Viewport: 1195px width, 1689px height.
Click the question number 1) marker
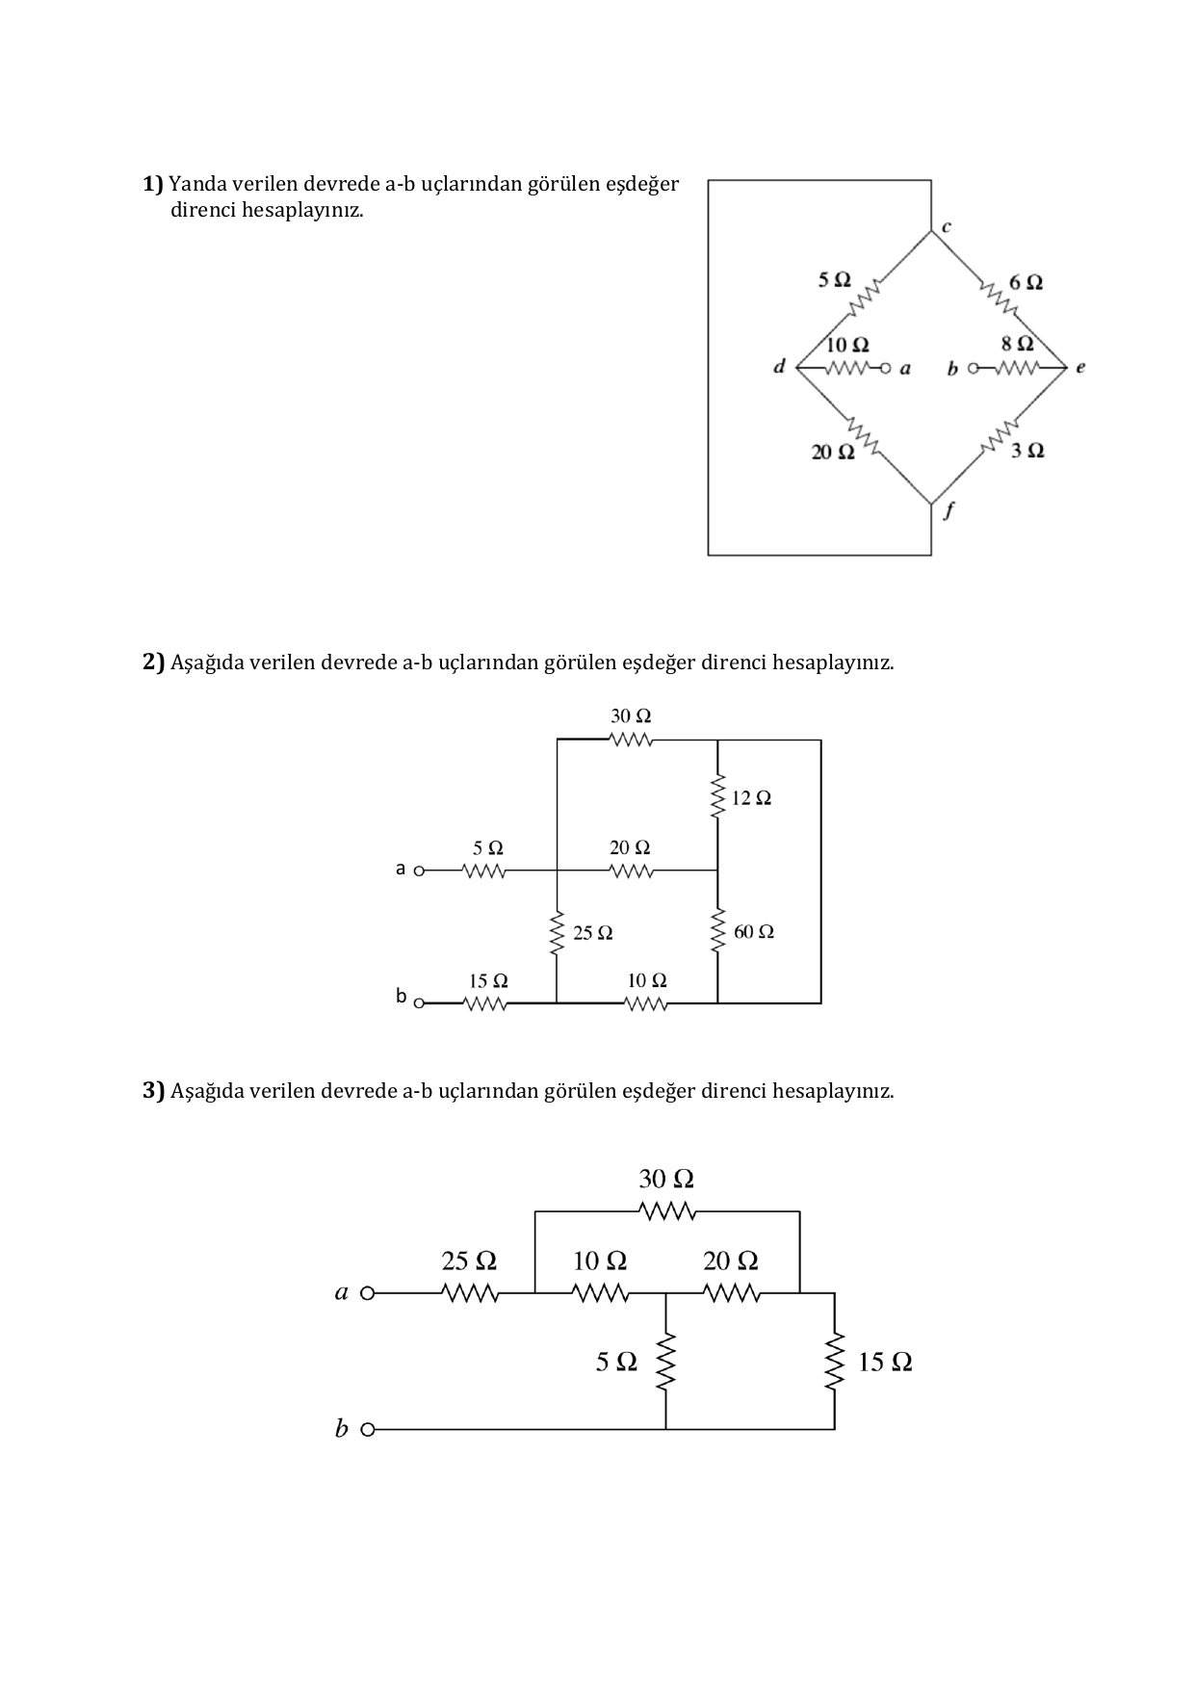pyautogui.click(x=153, y=183)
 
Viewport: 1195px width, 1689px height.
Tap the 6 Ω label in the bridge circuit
pyautogui.click(x=1026, y=282)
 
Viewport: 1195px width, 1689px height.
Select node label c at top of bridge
pyautogui.click(x=947, y=227)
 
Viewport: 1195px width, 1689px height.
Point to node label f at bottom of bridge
pyautogui.click(x=948, y=512)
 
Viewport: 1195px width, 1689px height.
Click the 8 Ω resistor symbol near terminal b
pyautogui.click(x=1017, y=368)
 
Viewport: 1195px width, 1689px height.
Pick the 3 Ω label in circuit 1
pyautogui.click(x=1027, y=451)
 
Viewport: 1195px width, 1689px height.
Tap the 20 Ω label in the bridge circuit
pyautogui.click(x=833, y=452)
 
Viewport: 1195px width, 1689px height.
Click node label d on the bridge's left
pyautogui.click(x=780, y=366)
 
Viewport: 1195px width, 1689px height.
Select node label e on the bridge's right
pyautogui.click(x=1080, y=367)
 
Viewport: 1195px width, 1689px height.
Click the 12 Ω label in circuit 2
pyautogui.click(x=751, y=798)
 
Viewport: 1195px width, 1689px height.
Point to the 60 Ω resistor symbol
pyautogui.click(x=717, y=932)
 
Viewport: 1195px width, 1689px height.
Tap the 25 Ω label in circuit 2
pyautogui.click(x=592, y=933)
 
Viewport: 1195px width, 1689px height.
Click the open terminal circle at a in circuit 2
pyautogui.click(x=419, y=871)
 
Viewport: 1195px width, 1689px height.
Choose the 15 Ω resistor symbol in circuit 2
pyautogui.click(x=485, y=1004)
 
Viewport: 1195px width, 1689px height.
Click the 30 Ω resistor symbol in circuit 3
pyautogui.click(x=666, y=1210)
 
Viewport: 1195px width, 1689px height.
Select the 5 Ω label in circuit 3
pyautogui.click(x=616, y=1362)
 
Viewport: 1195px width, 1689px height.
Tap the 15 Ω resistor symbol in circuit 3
pyautogui.click(x=834, y=1362)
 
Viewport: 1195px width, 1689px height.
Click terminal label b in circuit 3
pyautogui.click(x=341, y=1429)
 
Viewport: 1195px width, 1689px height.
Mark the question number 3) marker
pyautogui.click(x=154, y=1090)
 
